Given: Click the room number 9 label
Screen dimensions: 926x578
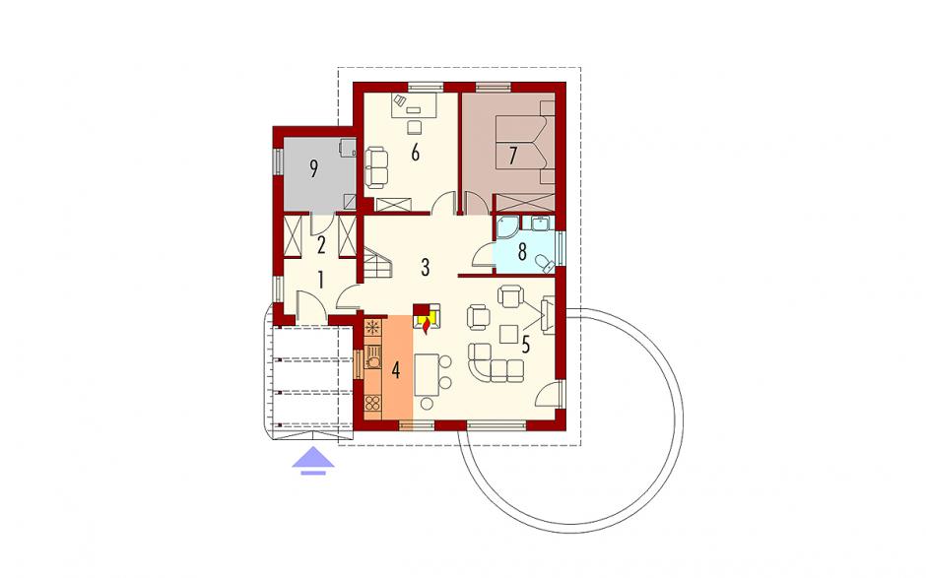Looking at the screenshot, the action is click(313, 169).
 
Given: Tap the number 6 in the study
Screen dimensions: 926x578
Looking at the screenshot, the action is click(415, 153).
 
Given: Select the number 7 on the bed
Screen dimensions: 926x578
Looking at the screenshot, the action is click(512, 156).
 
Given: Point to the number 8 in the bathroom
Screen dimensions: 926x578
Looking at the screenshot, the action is click(522, 252).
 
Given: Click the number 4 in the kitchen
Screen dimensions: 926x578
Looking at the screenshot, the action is click(396, 371).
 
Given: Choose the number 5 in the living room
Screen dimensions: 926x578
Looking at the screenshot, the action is click(526, 345).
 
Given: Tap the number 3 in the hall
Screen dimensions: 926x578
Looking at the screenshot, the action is click(426, 268).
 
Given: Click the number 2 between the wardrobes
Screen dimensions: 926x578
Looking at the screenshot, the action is click(321, 244).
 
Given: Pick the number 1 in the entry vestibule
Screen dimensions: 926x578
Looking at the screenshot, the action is click(321, 280).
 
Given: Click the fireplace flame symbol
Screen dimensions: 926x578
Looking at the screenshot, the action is click(425, 324).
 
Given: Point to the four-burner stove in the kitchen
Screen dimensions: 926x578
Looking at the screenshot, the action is click(372, 404).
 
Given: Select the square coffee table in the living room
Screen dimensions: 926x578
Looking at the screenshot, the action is click(508, 334).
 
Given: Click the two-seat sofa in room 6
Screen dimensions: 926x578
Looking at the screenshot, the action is click(376, 165).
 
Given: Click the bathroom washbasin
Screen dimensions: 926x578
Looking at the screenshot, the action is click(541, 224).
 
